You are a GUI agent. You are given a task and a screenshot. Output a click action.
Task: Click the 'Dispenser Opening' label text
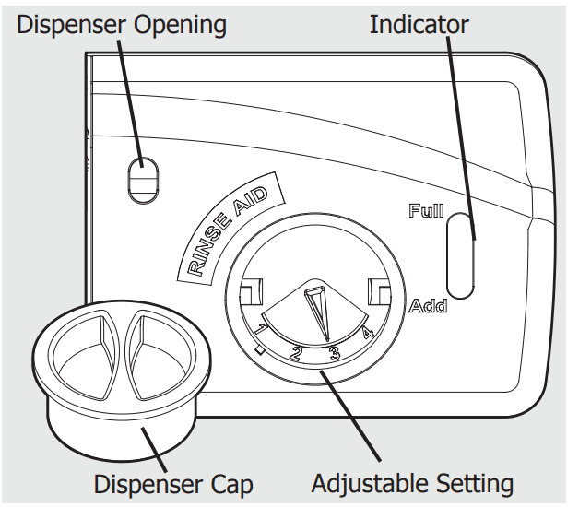tap(122, 25)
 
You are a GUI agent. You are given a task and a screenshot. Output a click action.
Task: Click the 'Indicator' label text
tap(419, 25)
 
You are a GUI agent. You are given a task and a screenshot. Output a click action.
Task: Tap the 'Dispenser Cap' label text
tap(173, 483)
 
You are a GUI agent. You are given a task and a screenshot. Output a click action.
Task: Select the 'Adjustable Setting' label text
tap(411, 483)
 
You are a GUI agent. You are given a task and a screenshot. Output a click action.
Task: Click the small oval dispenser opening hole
tap(143, 179)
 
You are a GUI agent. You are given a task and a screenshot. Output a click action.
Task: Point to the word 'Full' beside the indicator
tap(426, 211)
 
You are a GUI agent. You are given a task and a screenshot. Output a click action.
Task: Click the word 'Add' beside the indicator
tap(428, 305)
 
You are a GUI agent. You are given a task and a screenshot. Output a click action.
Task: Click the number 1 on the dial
tap(262, 329)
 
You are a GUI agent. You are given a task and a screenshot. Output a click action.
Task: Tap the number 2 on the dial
tap(297, 351)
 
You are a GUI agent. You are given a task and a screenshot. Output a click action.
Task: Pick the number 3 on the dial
tap(336, 352)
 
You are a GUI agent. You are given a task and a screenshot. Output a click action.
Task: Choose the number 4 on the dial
tap(368, 333)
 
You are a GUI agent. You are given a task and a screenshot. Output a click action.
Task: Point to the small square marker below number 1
tap(261, 348)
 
